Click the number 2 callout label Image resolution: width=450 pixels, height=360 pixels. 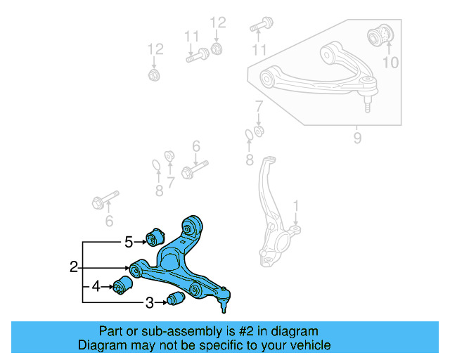pos(74,267)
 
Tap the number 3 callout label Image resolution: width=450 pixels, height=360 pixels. pos(149,303)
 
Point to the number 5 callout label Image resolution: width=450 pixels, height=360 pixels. pos(129,242)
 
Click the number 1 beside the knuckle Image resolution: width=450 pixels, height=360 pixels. pos(296,206)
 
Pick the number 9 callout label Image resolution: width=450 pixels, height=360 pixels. pos(357,139)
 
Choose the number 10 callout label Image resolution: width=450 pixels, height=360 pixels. pos(390,63)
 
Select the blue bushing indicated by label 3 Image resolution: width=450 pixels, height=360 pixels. pos(176,300)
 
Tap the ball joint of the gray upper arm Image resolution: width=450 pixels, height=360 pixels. pos(367,90)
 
